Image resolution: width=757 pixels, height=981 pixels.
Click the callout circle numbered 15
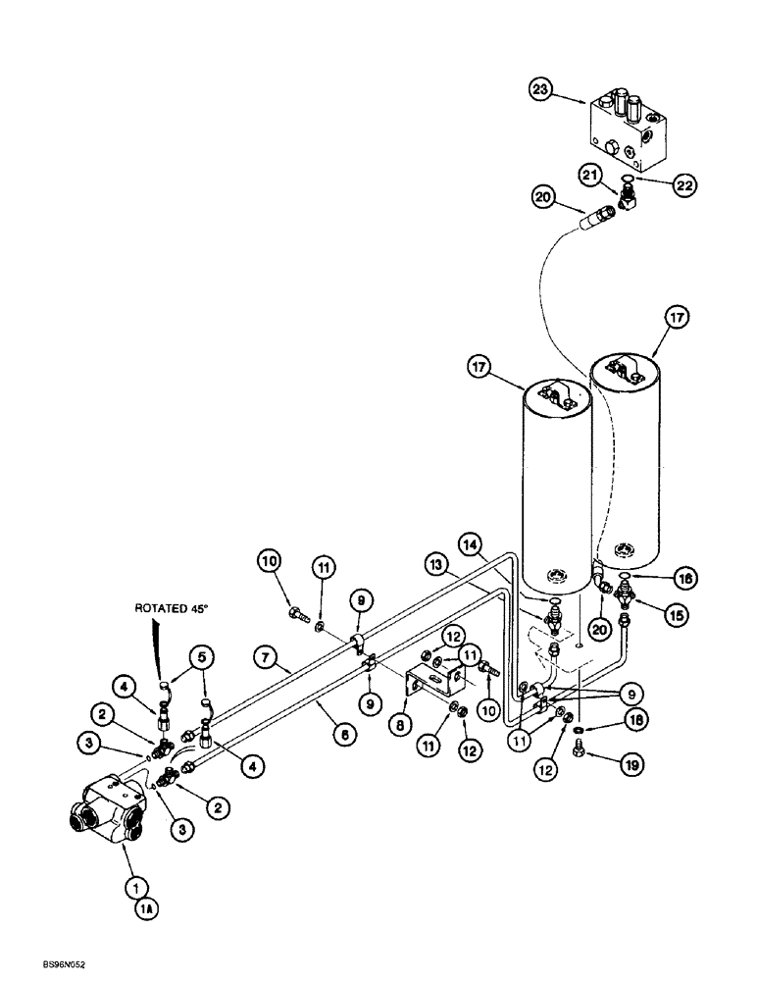[648, 616]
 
